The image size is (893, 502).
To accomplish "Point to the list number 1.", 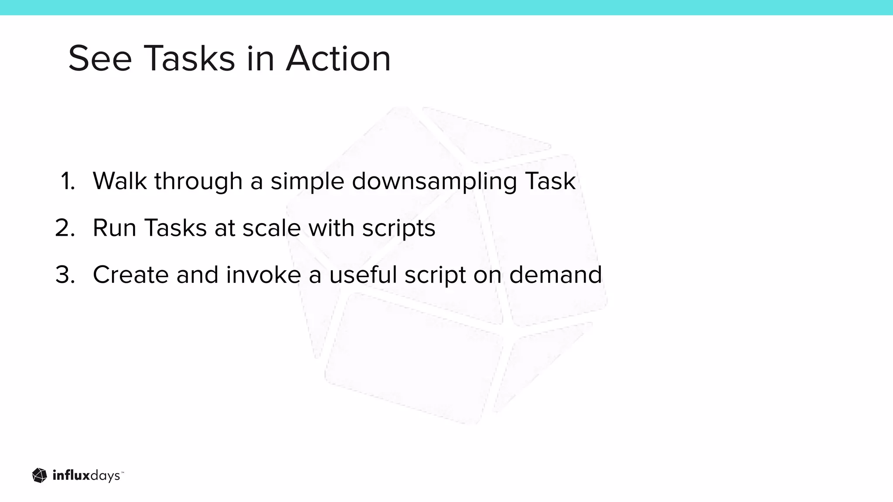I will coord(68,181).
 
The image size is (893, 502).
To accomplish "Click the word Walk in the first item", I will coord(119,181).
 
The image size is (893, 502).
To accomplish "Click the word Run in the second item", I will coord(114,228).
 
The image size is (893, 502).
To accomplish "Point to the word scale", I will coord(271,228).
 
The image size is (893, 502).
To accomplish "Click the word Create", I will coord(131,275).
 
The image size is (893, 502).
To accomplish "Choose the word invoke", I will coord(263,275).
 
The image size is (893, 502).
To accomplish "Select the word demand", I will coord(555,275).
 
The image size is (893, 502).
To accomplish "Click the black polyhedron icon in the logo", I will coord(39,475).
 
